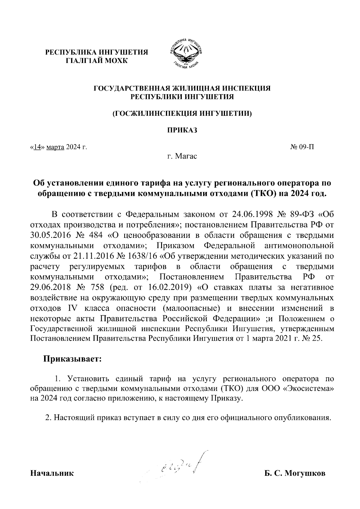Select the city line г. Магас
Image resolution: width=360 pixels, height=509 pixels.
pos(182,156)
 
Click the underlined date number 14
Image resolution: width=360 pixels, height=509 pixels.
pos(37,147)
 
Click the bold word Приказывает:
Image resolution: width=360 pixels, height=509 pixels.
pos(73,359)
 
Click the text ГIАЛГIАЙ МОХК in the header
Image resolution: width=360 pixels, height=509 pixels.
pos(97,61)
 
